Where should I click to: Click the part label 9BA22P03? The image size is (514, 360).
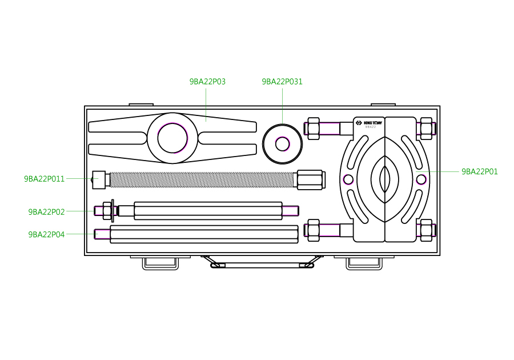coord(207,82)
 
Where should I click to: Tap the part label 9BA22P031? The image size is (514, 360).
coord(282,82)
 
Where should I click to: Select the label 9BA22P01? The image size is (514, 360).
coord(479,171)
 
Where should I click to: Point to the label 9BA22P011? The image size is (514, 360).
coord(44,179)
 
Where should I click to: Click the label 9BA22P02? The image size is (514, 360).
coord(46,212)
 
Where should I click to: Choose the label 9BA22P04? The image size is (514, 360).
coord(46,234)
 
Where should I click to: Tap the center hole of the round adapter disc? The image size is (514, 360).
coord(282,144)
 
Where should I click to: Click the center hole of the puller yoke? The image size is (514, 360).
coord(172,138)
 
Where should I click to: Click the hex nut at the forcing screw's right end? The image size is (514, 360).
coord(310,179)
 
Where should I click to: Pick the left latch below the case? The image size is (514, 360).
coord(159,263)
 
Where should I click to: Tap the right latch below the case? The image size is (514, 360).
coord(364,263)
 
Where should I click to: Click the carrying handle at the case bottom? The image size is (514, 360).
coord(262,264)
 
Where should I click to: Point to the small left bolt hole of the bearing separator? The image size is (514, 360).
coord(348,179)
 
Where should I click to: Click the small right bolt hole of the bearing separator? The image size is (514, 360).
coord(421,179)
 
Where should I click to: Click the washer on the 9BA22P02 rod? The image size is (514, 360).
coord(113,211)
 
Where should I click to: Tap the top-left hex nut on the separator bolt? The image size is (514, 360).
coord(313,128)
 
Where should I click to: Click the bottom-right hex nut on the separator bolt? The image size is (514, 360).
coord(426,230)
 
